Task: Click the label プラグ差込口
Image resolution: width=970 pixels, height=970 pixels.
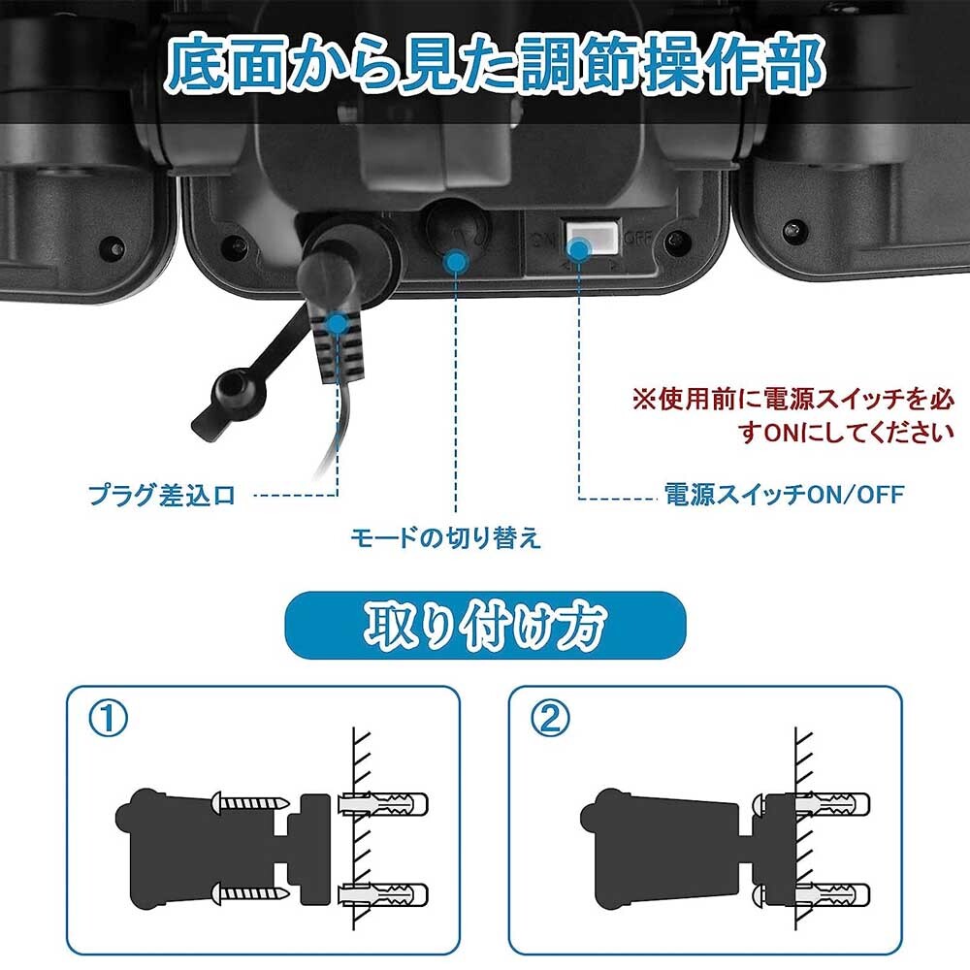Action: [x=162, y=496]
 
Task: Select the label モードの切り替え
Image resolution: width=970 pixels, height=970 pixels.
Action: [x=445, y=537]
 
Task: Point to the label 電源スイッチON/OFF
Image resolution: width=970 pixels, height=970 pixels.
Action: [x=784, y=495]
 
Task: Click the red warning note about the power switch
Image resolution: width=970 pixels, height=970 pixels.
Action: [x=793, y=415]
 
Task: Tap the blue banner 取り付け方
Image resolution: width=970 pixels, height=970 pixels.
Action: [x=485, y=626]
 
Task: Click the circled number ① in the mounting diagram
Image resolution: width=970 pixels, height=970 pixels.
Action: [x=109, y=719]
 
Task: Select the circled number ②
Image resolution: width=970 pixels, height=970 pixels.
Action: [x=551, y=719]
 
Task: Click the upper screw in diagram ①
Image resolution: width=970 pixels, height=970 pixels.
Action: [x=250, y=803]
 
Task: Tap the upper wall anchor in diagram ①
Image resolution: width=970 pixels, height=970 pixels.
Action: [x=383, y=804]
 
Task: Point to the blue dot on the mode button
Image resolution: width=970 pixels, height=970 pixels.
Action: [x=457, y=261]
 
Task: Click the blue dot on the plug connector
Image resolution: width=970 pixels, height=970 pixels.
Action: [x=338, y=323]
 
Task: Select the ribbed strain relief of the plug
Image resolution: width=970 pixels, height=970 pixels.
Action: [x=339, y=346]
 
